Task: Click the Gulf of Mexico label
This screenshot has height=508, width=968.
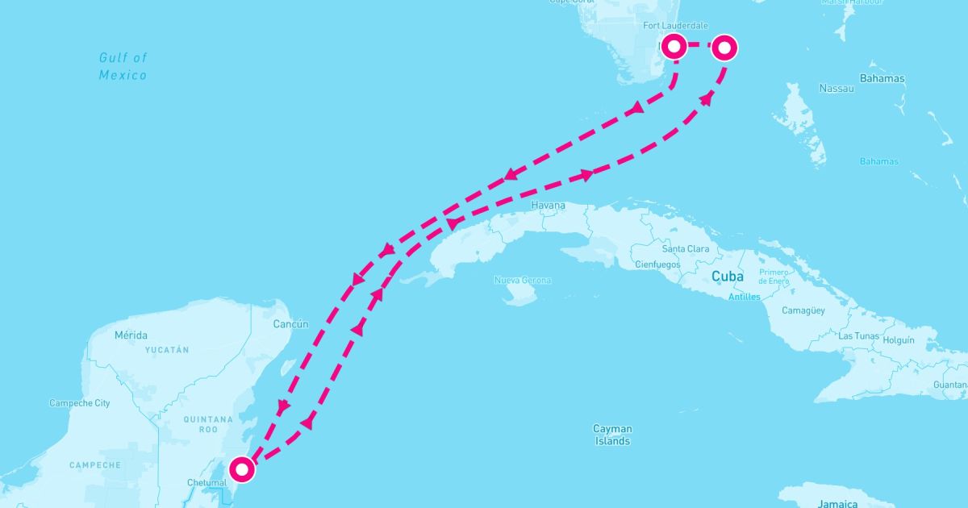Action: coord(123,66)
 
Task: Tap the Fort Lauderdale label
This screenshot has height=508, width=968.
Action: coord(675,26)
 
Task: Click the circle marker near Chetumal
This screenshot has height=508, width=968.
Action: coord(242,468)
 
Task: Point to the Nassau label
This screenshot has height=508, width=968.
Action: coord(836,88)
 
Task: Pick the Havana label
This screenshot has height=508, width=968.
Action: coord(548,206)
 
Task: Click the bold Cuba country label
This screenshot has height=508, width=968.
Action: coord(727,277)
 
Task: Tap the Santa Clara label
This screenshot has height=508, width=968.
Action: coord(686,249)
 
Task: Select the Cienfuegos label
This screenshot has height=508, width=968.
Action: coord(657,264)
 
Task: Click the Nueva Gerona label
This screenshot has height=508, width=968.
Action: coord(523,281)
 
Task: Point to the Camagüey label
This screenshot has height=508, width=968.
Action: coord(803,310)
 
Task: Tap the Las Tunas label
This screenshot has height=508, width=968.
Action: coord(857,335)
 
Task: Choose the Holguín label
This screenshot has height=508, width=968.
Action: coord(898,340)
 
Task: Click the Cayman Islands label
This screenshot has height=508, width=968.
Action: coord(613,435)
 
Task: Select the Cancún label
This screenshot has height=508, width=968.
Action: coord(290,324)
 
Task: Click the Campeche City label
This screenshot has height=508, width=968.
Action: coord(80,403)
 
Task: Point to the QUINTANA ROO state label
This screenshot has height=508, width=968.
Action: coord(208,425)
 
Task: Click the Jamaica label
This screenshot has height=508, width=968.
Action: coord(836,503)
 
